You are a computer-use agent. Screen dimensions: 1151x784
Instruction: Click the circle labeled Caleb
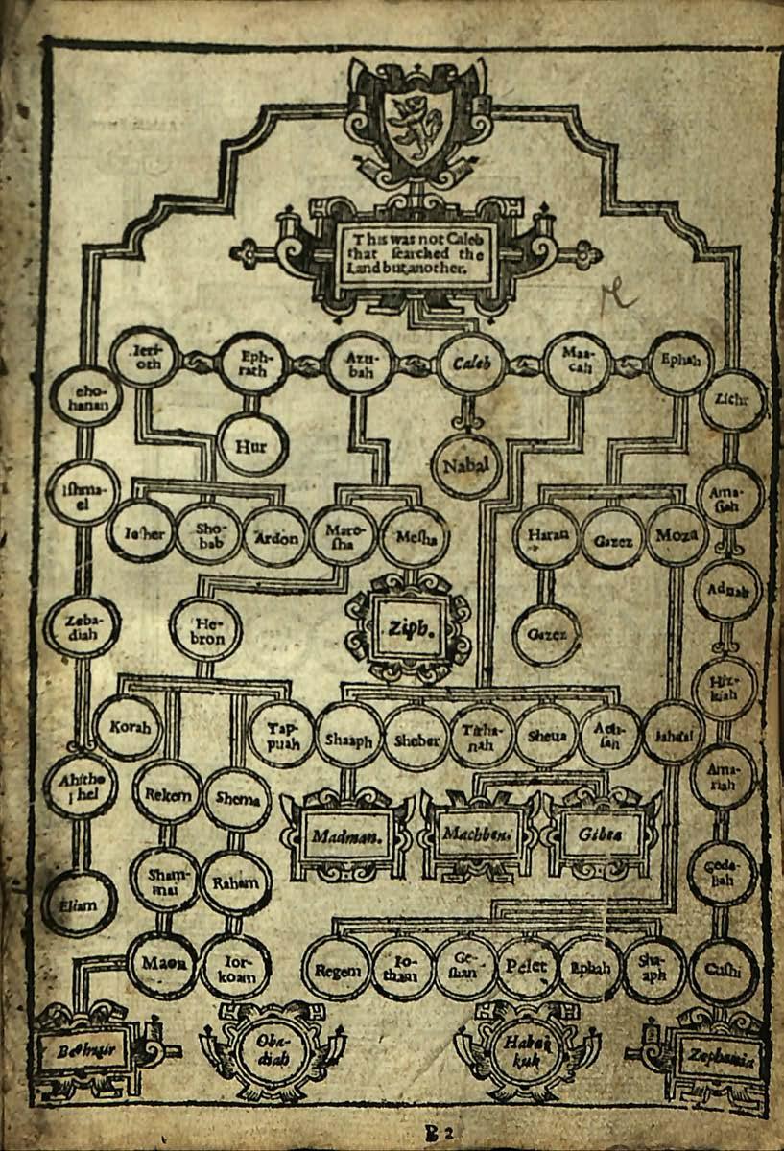coord(470,364)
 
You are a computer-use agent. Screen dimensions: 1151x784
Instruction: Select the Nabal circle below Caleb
coord(466,465)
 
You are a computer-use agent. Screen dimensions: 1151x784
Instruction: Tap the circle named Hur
coord(252,444)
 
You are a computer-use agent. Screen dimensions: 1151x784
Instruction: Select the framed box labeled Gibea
coord(601,833)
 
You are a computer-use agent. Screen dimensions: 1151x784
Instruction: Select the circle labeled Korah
coord(130,727)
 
